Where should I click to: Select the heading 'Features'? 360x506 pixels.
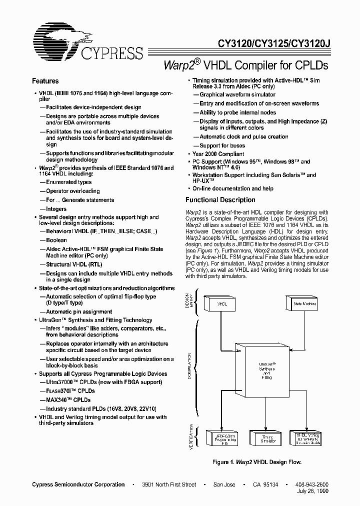coord(45,81)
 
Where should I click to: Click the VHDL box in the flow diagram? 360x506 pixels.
coord(222,303)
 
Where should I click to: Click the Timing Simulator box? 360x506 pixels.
coord(267,439)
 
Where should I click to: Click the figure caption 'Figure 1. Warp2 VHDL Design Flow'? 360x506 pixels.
coord(256,462)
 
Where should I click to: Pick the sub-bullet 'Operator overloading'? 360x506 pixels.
coord(73,191)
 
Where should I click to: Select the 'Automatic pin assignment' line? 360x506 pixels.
coord(79,312)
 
